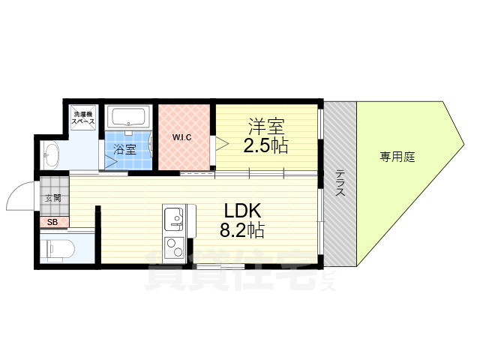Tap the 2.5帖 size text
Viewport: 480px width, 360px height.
point(265,145)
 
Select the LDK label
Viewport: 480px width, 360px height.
point(238,211)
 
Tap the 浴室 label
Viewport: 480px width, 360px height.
point(124,149)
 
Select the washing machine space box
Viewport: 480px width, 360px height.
point(82,118)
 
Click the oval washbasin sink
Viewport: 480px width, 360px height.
point(52,155)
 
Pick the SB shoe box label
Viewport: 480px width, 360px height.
point(52,222)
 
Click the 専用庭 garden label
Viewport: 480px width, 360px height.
point(397,157)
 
